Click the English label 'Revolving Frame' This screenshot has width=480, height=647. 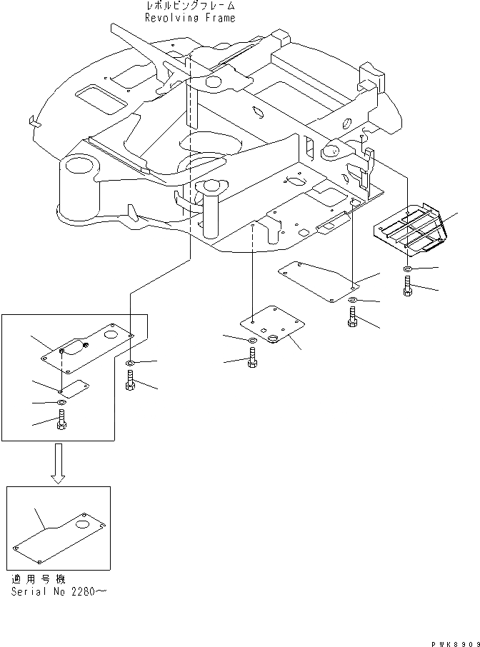[x=189, y=18]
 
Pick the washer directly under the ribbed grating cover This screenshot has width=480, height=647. [x=406, y=269]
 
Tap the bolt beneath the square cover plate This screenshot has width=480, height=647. [x=252, y=361]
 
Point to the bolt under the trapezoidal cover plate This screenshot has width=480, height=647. [x=352, y=317]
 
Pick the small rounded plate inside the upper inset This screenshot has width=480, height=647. [x=73, y=387]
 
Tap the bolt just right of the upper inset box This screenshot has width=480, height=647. [x=129, y=382]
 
